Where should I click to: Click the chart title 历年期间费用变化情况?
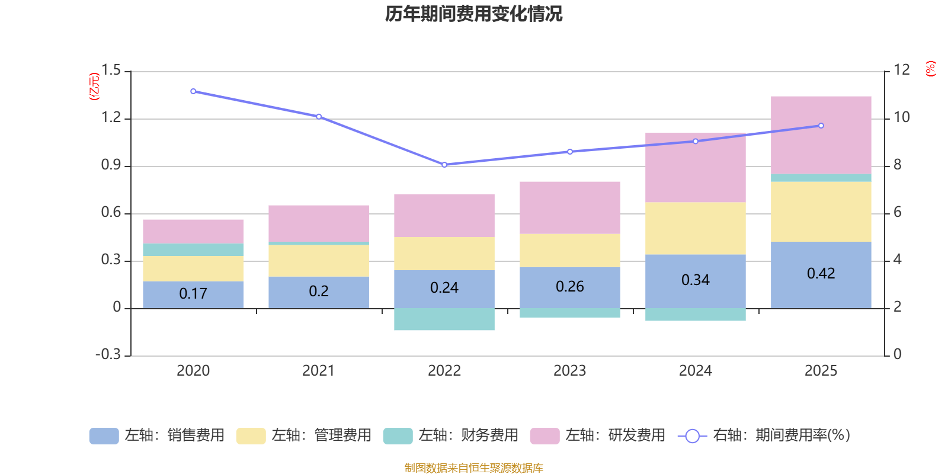point(473,14)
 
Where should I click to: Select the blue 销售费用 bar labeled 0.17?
point(193,294)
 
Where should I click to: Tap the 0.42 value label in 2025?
point(821,273)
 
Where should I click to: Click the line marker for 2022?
point(444,165)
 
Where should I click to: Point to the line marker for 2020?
point(193,91)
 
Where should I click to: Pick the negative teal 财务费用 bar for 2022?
point(444,319)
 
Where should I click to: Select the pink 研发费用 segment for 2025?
point(821,136)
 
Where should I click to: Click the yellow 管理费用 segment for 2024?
point(696,228)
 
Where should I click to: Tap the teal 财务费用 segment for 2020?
point(193,249)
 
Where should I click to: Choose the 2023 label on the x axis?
point(569,371)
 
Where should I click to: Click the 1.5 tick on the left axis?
point(111,70)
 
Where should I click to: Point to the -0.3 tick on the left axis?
point(108,354)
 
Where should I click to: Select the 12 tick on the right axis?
point(901,70)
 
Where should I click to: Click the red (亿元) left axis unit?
point(94,87)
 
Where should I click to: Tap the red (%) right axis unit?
point(930,69)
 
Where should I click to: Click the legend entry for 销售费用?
point(156,435)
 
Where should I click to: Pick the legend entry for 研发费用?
point(598,435)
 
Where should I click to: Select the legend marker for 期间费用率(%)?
point(693,436)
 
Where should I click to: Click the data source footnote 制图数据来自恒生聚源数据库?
point(473,467)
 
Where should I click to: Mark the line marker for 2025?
point(821,126)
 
